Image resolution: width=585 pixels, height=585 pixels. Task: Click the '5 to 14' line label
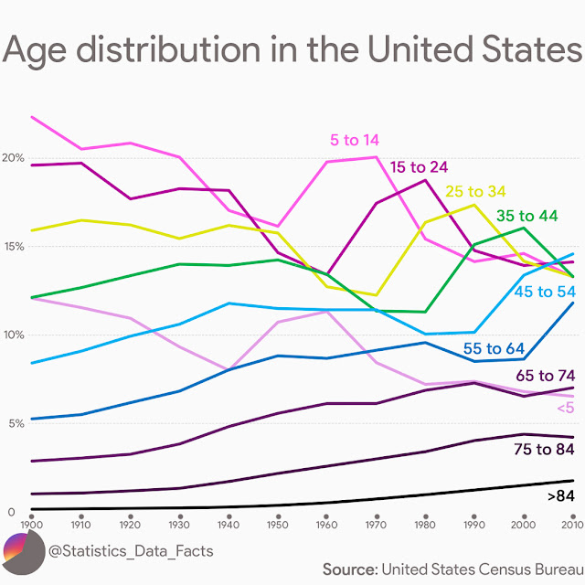355,141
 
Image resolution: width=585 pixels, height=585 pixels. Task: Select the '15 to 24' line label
419,167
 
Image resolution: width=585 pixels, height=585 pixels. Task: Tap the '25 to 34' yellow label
475,192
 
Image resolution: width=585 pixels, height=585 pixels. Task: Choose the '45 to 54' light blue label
546,292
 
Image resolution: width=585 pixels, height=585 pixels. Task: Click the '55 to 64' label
495,348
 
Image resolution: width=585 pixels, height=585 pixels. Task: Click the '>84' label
560,496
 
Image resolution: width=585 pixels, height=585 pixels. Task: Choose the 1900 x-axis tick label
31,525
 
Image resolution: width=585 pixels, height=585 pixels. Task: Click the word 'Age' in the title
38,51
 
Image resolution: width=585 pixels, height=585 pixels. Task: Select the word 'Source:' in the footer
349,569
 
